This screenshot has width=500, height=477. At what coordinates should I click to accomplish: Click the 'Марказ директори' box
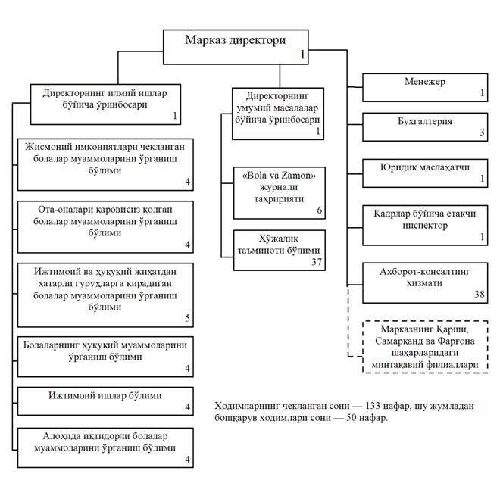click(236, 47)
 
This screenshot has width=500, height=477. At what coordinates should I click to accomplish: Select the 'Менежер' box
click(425, 88)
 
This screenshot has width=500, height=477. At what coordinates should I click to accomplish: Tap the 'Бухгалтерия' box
click(425, 126)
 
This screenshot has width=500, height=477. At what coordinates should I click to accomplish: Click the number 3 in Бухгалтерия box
click(482, 132)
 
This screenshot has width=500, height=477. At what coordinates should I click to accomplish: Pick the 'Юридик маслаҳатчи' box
click(425, 173)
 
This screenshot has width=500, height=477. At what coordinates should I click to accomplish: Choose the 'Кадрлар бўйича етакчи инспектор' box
click(425, 226)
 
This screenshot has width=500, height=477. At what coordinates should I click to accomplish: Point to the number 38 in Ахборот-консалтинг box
click(480, 294)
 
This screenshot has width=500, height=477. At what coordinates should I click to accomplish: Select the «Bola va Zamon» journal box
click(280, 193)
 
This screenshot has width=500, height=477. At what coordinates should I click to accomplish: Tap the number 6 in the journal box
click(319, 210)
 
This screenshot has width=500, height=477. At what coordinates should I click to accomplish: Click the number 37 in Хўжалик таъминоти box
click(317, 262)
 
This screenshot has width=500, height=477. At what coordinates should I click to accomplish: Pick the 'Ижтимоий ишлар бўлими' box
click(105, 401)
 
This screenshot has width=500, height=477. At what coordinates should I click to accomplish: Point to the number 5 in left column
click(188, 318)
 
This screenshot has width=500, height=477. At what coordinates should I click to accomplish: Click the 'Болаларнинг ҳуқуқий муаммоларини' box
click(105, 357)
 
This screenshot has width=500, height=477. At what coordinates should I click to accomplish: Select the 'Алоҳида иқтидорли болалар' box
click(105, 447)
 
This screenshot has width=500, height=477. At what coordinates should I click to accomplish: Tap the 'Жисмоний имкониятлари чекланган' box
click(105, 164)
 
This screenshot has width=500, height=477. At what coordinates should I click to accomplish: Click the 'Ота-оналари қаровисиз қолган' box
click(105, 227)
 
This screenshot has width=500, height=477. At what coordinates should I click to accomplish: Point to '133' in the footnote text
click(373, 406)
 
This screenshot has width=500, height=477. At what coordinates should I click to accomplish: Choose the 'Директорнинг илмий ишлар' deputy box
click(105, 104)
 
